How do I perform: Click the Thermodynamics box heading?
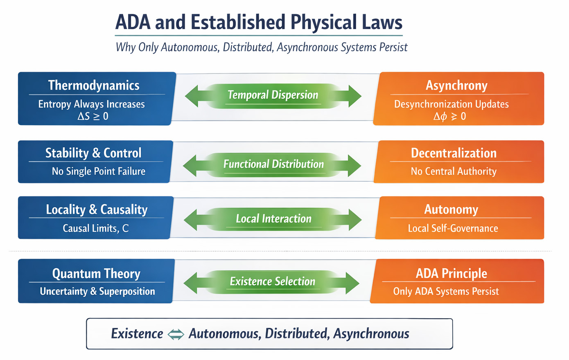click(94, 85)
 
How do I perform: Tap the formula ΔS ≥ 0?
click(93, 117)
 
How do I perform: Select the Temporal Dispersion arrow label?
click(273, 95)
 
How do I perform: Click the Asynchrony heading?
click(456, 85)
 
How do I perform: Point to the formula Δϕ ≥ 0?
click(449, 117)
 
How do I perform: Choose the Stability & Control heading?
click(93, 153)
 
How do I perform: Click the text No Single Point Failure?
click(98, 171)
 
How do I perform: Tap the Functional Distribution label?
click(273, 164)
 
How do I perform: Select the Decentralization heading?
click(454, 153)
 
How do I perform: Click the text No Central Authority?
click(454, 171)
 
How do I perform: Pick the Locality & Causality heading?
click(97, 209)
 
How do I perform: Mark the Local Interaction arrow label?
click(273, 219)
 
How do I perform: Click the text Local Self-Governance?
click(453, 228)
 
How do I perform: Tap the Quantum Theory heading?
click(96, 273)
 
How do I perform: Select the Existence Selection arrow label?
click(273, 281)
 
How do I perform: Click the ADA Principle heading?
click(452, 273)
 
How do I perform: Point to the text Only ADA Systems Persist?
click(446, 291)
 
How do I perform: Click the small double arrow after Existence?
click(176, 334)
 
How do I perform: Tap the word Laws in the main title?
click(382, 22)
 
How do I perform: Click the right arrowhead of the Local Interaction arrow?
click(354, 219)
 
